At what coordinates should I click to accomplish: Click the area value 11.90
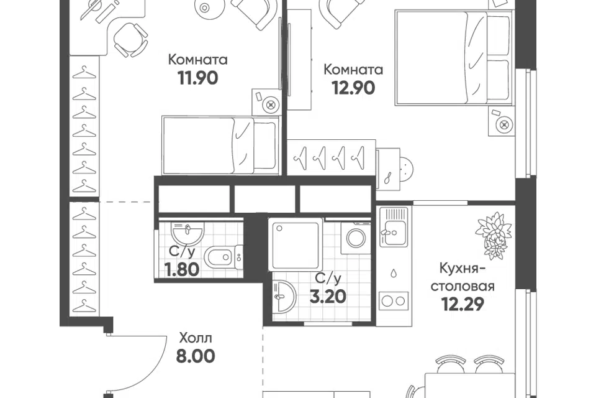[197, 78]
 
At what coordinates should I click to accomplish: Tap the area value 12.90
[353, 88]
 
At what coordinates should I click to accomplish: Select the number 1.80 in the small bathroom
[182, 270]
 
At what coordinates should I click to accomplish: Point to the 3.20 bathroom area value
[328, 297]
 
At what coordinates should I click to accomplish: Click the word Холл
[196, 338]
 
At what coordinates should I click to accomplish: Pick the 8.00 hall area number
[196, 356]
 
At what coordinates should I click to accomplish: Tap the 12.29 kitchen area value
[463, 304]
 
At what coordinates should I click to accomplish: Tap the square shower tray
[296, 244]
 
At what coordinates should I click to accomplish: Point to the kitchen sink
[394, 226]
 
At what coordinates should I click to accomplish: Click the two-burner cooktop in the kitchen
[394, 301]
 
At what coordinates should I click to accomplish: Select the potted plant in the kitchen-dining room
[494, 235]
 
